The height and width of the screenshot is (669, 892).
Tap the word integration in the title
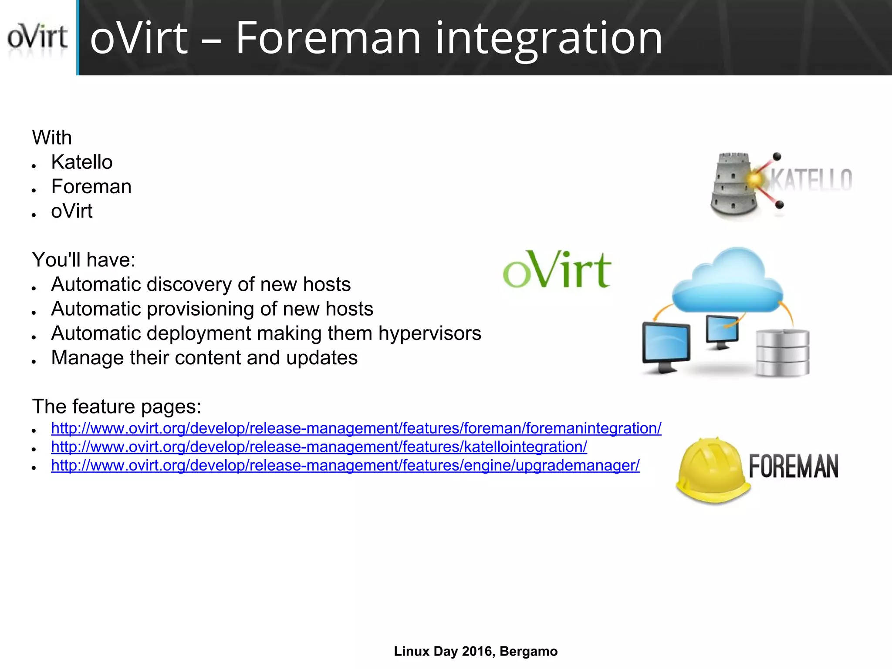(549, 39)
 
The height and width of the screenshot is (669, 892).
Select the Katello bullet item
(82, 162)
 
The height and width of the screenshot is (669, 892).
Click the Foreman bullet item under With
(91, 187)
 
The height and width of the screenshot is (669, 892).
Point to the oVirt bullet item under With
(72, 212)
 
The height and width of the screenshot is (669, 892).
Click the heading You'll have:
(84, 260)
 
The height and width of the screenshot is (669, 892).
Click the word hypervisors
(429, 333)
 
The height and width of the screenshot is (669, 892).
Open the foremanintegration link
(356, 428)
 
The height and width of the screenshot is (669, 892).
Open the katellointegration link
(319, 447)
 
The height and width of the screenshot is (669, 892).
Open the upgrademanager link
(345, 466)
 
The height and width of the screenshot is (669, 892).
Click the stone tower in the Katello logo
(733, 185)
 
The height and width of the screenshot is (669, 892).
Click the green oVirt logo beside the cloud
(557, 270)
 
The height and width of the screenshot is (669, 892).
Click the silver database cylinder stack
(782, 353)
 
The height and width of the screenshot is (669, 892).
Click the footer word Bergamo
(528, 652)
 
